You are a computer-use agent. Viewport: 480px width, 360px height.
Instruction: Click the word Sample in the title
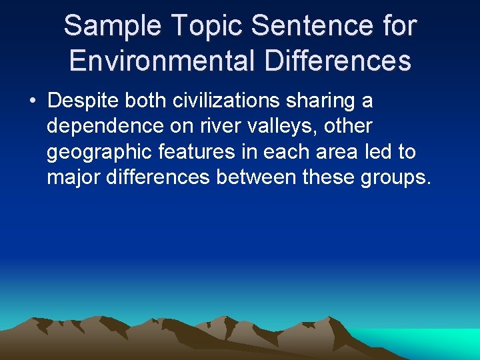coord(112,27)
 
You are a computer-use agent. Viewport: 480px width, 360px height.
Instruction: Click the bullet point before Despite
coord(32,102)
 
